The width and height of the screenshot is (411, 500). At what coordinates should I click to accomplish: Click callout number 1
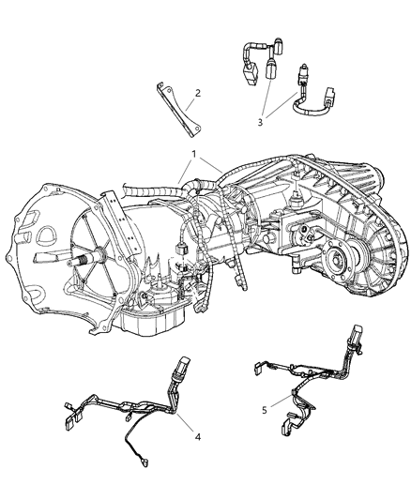click(x=193, y=154)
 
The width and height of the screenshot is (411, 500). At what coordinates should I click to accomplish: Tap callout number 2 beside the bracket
click(x=198, y=93)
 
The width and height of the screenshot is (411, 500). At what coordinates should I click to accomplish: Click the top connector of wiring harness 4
click(x=179, y=365)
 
